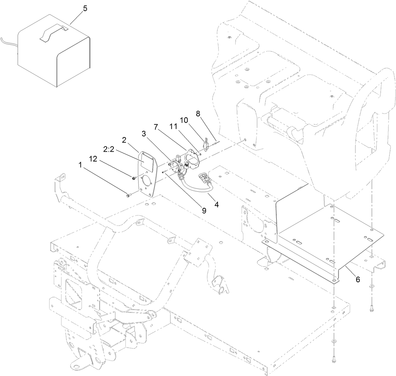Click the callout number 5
(85, 8)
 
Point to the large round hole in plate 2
(147, 183)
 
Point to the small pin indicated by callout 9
(165, 172)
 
